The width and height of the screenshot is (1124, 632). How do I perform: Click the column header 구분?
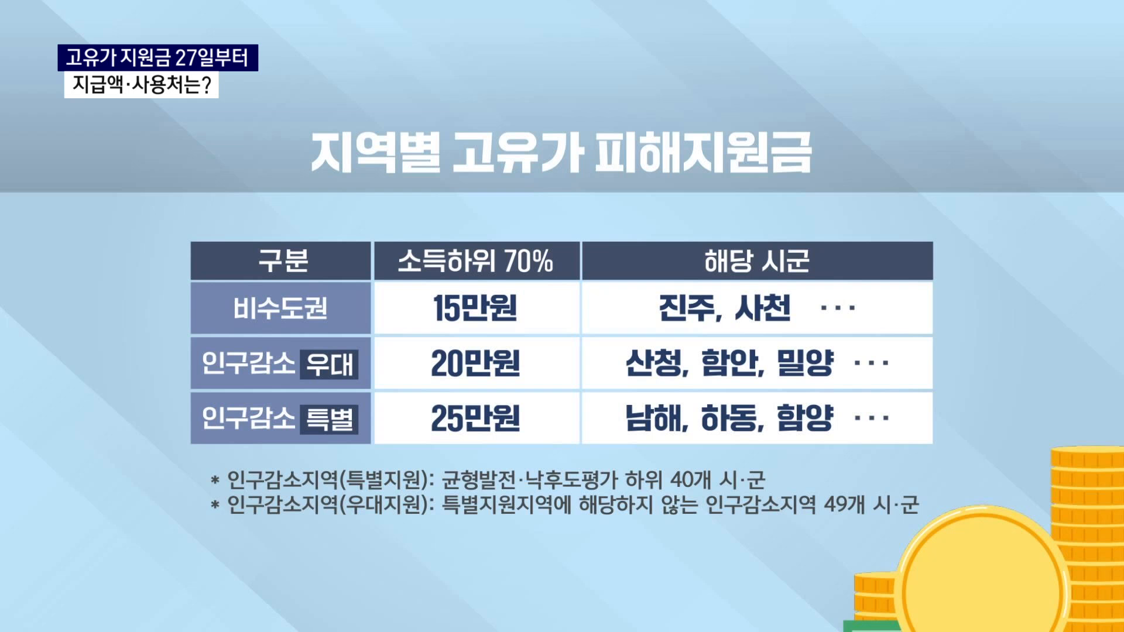[283, 261]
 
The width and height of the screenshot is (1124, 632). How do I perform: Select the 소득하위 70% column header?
[475, 261]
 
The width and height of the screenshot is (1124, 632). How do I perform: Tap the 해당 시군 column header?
[756, 261]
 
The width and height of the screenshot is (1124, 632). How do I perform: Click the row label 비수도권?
[280, 308]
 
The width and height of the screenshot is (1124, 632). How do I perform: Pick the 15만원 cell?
[475, 308]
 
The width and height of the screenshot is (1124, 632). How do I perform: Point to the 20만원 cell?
[475, 363]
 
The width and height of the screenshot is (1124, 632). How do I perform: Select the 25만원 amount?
[475, 418]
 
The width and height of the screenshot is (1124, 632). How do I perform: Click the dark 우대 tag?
[329, 364]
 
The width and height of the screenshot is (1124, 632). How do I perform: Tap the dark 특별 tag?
[329, 419]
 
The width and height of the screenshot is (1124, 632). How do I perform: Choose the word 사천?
[762, 308]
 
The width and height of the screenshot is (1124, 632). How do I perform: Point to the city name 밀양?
[804, 363]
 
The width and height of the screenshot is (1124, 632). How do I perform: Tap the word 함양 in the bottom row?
[804, 418]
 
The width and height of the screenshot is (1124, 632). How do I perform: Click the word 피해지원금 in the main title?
[703, 153]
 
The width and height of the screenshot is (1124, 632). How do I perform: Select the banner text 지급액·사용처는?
[141, 85]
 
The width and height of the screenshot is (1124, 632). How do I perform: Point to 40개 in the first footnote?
[690, 480]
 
